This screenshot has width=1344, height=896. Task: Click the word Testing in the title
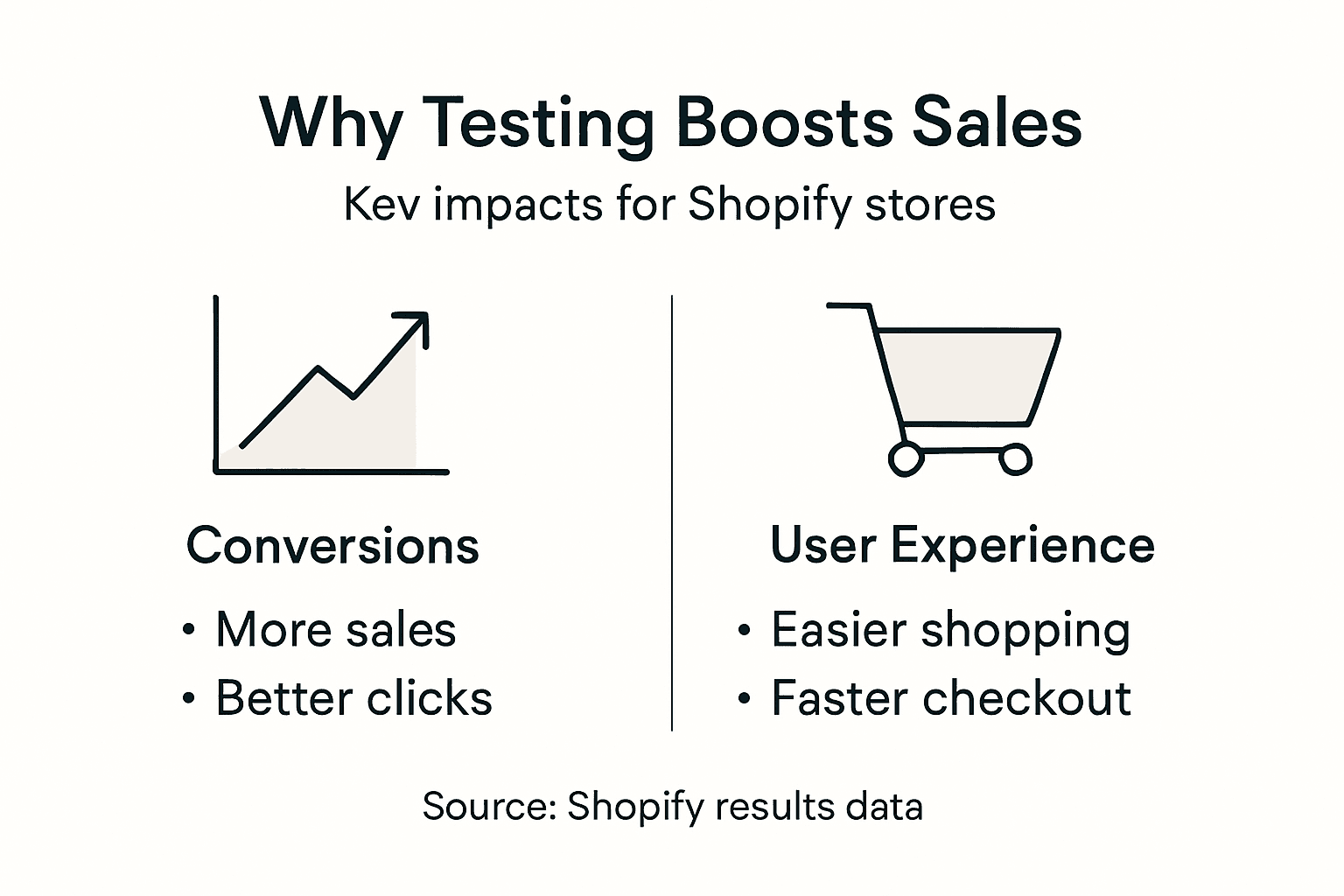[x=537, y=123]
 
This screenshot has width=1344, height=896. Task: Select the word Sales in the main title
[x=997, y=123]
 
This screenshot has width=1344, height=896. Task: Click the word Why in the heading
[x=332, y=123]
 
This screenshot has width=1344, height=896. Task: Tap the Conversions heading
[x=332, y=546]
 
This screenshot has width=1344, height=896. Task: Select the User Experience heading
[x=962, y=546]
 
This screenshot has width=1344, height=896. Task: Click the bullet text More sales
[x=336, y=630]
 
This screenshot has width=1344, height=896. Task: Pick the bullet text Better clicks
[x=353, y=699]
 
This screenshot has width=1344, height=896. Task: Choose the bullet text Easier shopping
[x=950, y=630]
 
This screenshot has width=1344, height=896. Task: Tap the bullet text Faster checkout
[x=950, y=699]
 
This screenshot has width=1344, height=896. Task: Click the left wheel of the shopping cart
[x=906, y=458]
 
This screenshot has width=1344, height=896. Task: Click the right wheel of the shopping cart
[x=1015, y=458]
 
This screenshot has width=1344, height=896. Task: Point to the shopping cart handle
[x=849, y=305]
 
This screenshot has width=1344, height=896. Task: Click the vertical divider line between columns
[x=672, y=512]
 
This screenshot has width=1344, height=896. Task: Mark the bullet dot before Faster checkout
[x=745, y=699]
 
